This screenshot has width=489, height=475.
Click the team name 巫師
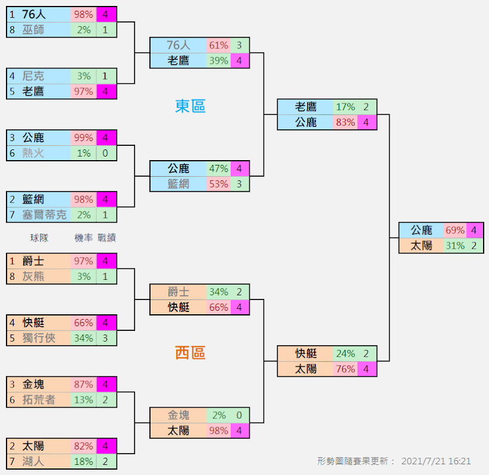pos(33,29)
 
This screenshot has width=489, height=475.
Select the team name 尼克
pos(33,76)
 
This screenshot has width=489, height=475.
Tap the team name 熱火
pos(33,153)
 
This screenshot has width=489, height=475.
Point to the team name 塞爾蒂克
pos(45,214)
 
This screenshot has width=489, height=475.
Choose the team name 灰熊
pos(33,276)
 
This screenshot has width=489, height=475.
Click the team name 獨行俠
pos(39,337)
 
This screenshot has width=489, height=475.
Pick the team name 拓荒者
pos(39,399)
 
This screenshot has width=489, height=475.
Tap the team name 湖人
pos(33,461)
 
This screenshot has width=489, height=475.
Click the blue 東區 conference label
pos(190,106)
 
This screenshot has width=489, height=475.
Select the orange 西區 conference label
pos(190,352)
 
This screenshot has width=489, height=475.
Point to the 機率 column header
pos(83,237)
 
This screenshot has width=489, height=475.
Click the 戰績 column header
pos(106,237)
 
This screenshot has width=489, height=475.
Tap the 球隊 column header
pos(39,237)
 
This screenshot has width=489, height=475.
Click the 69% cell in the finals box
pos(454,230)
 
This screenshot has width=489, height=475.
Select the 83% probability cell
pos(345,122)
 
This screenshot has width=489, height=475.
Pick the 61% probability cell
pos(218,45)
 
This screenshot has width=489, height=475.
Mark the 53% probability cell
pos(218,184)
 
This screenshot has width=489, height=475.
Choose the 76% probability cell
pos(345,369)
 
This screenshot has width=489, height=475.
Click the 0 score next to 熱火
pos(105,153)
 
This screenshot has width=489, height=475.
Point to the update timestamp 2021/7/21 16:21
pos(436,461)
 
